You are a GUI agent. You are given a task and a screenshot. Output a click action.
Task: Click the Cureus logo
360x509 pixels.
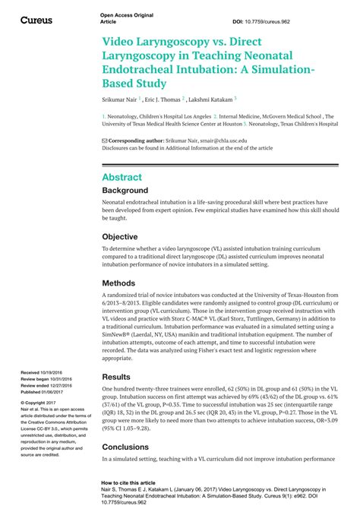coord(36,20)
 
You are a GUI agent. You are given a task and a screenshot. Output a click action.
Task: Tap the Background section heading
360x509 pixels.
coord(125,190)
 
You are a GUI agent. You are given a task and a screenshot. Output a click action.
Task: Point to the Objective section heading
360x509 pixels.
coord(120,236)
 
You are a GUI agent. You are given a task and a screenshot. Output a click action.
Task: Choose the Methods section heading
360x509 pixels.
coord(119,283)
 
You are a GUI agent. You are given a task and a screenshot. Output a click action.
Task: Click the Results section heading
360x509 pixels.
coord(116,377)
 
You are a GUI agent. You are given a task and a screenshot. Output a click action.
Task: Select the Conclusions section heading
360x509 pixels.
coord(127,447)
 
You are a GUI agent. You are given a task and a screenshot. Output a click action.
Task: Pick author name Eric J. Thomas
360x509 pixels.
coord(161,100)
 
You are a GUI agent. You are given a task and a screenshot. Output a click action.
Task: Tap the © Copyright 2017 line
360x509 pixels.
coord(41,403)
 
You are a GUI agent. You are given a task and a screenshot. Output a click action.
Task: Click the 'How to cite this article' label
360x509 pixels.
coord(128,482)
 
